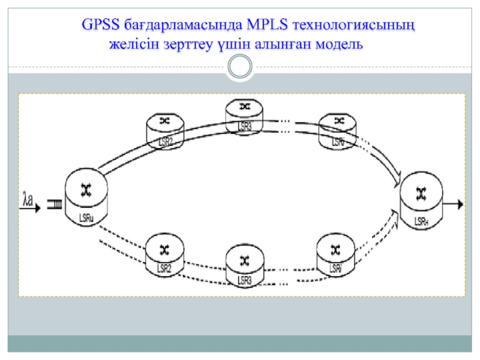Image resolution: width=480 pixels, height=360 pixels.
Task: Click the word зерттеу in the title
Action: [x=182, y=45]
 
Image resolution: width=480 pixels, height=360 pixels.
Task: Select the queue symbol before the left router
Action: [x=55, y=204]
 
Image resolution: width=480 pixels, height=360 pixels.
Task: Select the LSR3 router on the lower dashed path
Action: [x=244, y=266]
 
